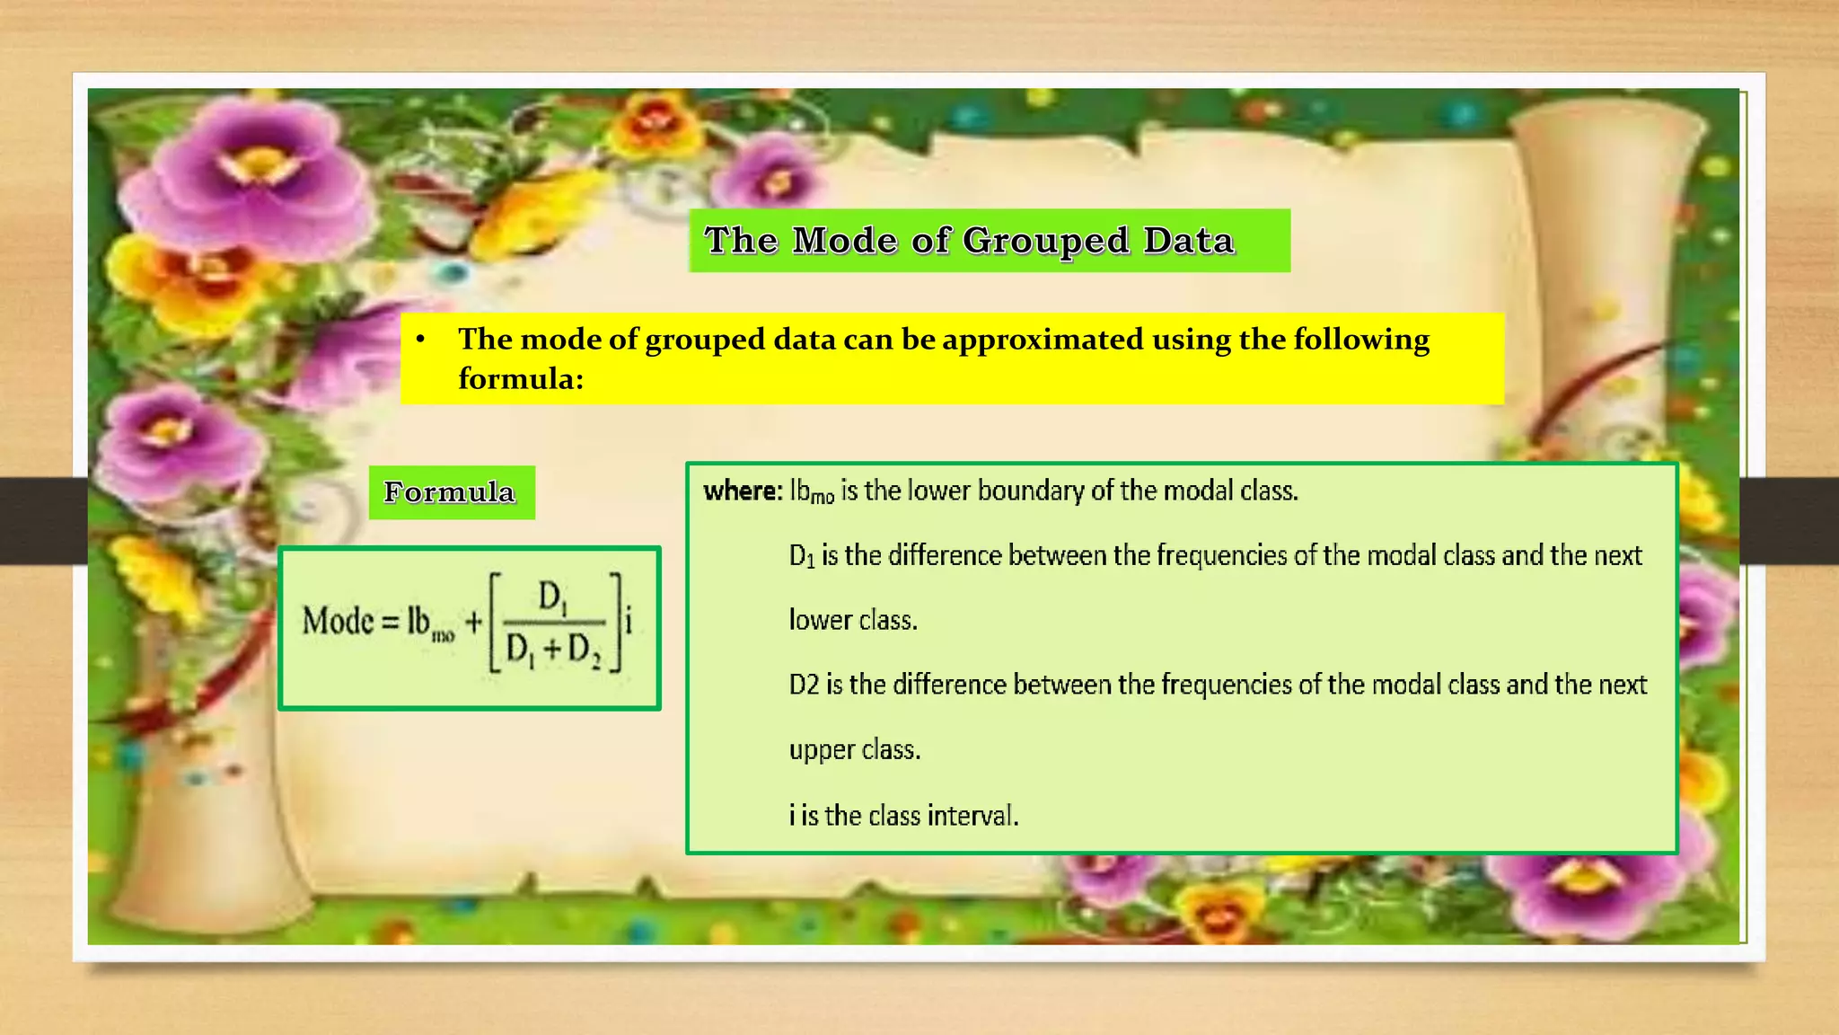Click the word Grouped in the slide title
[1046, 241]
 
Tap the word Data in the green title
[1189, 240]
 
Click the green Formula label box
[451, 492]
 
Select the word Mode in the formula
[338, 621]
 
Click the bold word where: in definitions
[743, 491]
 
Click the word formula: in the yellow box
[521, 379]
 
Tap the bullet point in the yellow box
[420, 340]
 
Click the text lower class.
[853, 620]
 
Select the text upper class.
[855, 749]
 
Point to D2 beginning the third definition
[804, 685]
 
